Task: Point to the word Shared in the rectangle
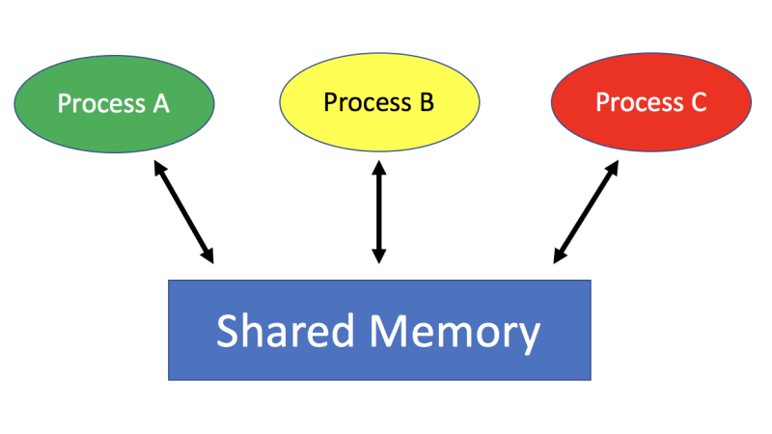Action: tap(281, 331)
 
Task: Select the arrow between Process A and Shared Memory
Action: tap(182, 211)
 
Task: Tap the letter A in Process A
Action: tap(161, 103)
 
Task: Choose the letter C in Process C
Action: tap(699, 102)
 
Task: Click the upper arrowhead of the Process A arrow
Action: tap(157, 168)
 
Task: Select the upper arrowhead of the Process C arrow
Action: tap(611, 168)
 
